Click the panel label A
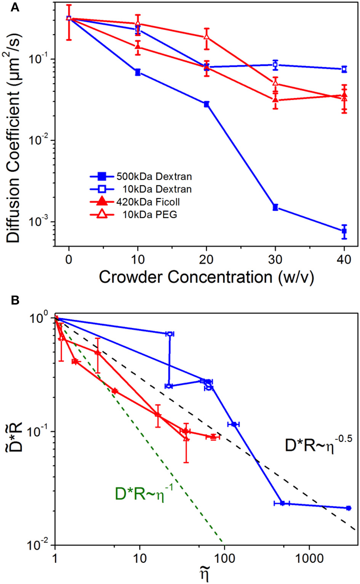point(14,7)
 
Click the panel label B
point(14,300)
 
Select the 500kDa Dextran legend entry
point(141,176)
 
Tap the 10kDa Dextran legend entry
point(141,189)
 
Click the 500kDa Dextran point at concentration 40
point(344,231)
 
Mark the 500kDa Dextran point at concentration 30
point(275,207)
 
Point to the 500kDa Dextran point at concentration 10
point(138,72)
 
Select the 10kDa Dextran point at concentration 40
point(344,69)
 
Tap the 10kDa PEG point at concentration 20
point(206,37)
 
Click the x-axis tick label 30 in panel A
point(275,259)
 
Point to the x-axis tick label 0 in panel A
point(69,259)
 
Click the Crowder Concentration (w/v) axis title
point(206,277)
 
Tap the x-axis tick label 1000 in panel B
point(309,558)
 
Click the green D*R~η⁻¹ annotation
point(144,494)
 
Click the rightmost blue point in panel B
point(348,508)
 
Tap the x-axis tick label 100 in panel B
point(224,558)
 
